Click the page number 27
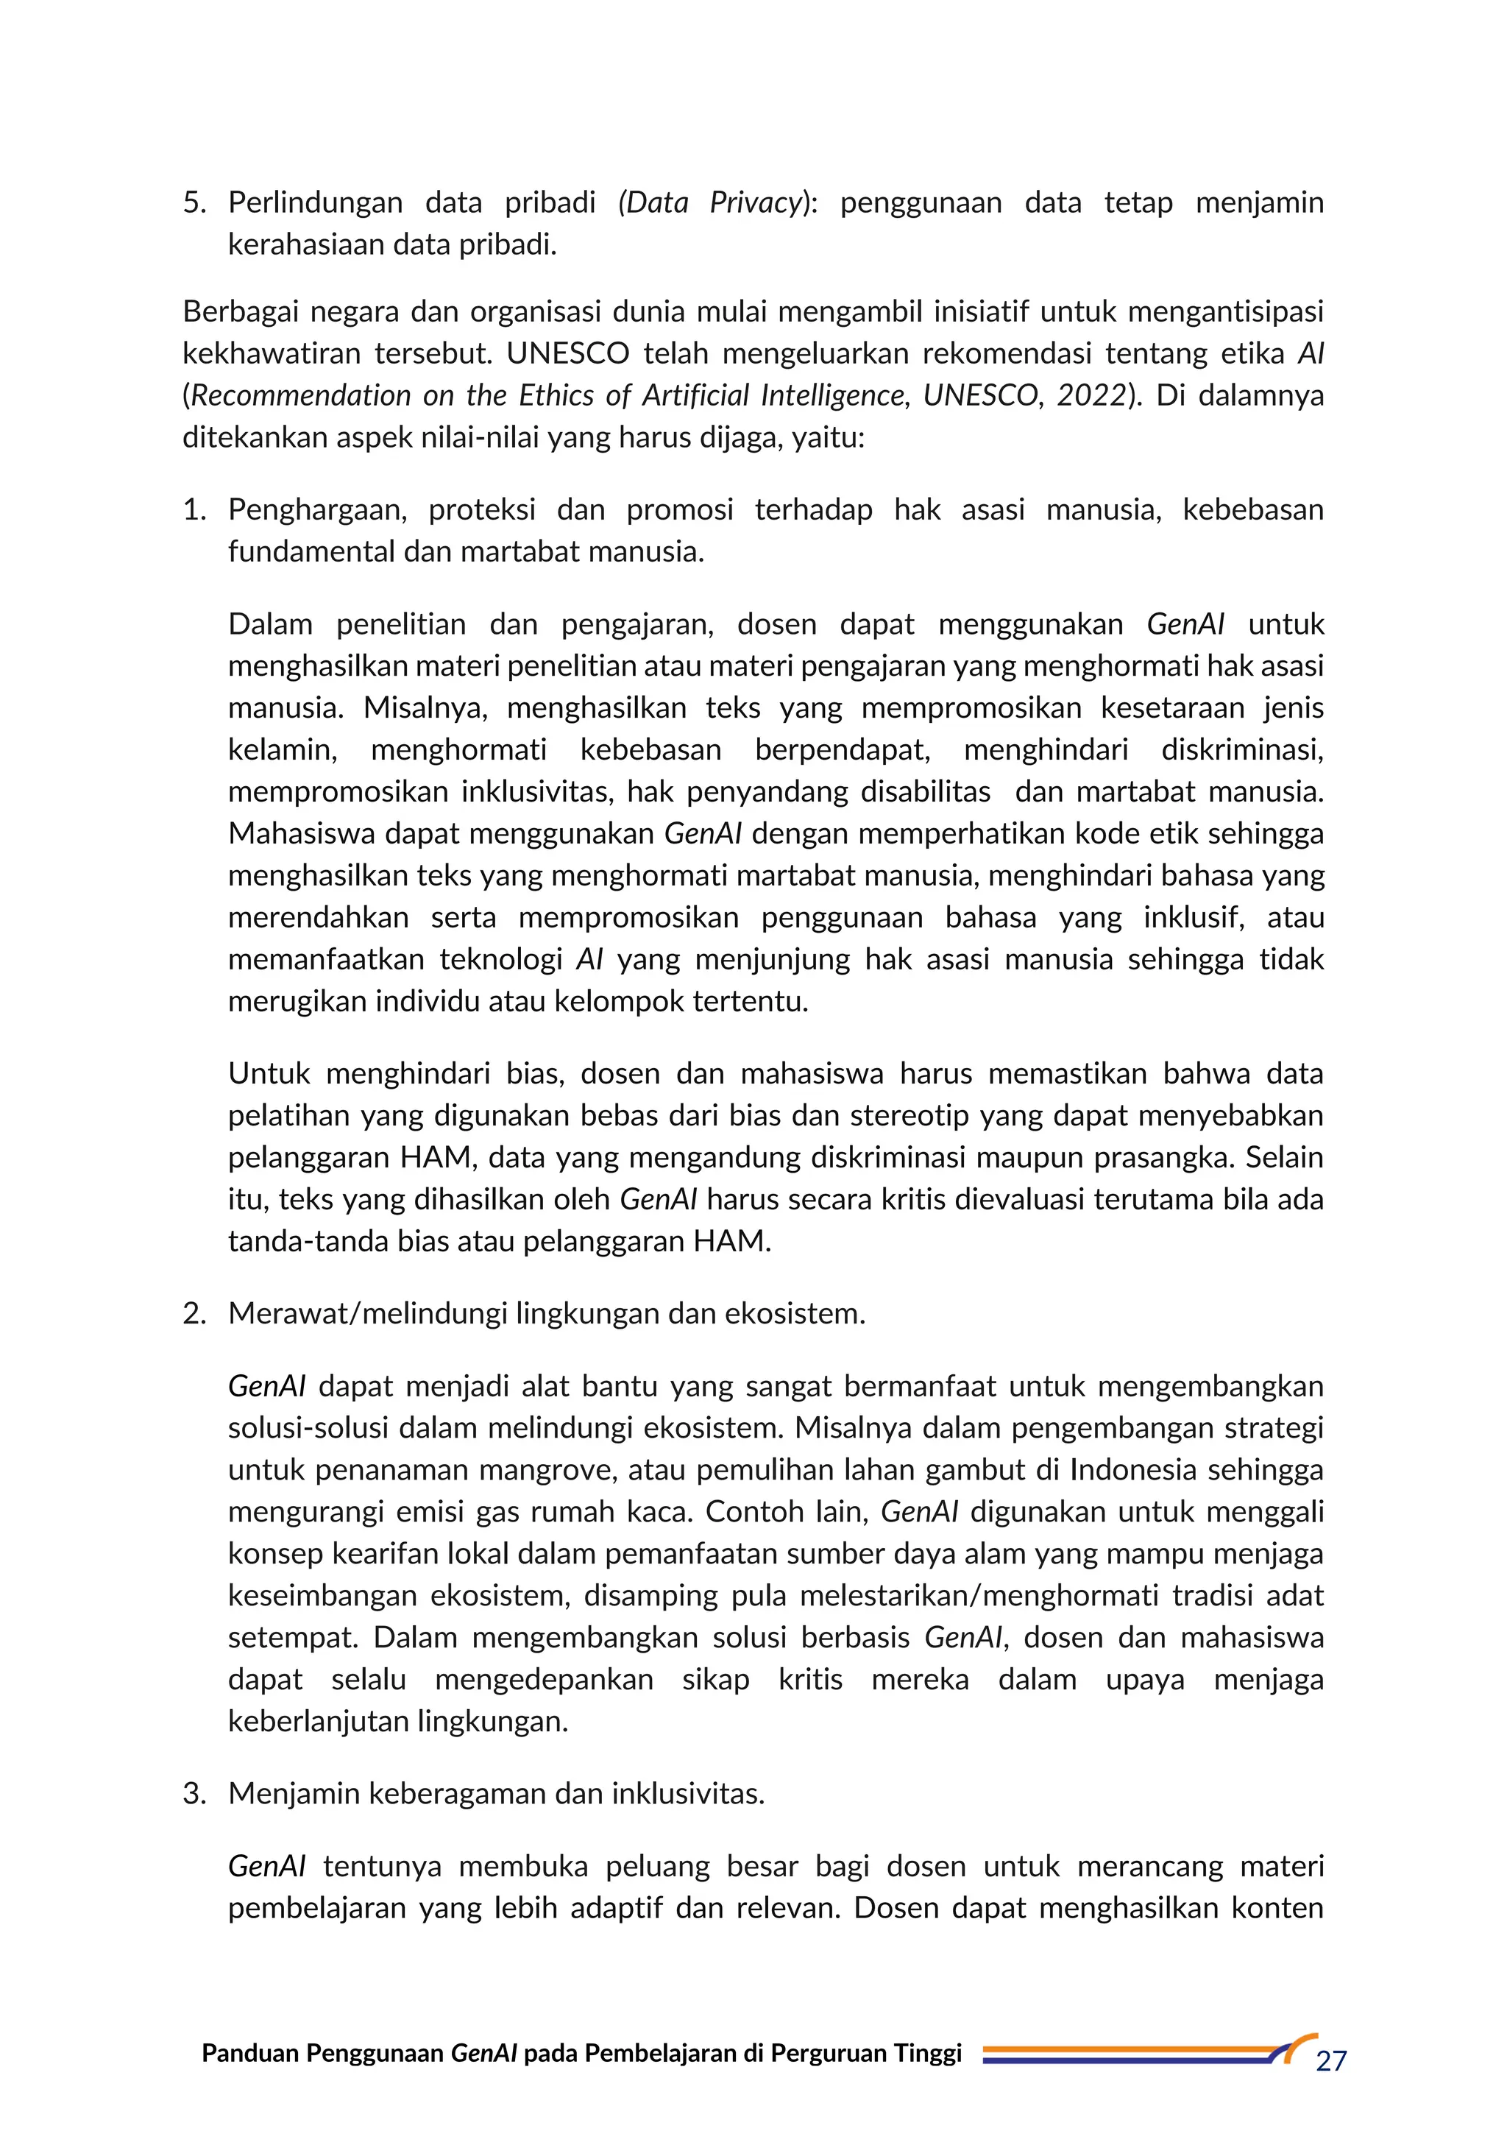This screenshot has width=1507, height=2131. tap(1330, 2061)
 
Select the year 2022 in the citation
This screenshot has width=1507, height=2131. tap(1091, 396)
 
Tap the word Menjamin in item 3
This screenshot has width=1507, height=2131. tap(294, 1793)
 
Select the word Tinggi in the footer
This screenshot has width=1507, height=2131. tap(928, 2053)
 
